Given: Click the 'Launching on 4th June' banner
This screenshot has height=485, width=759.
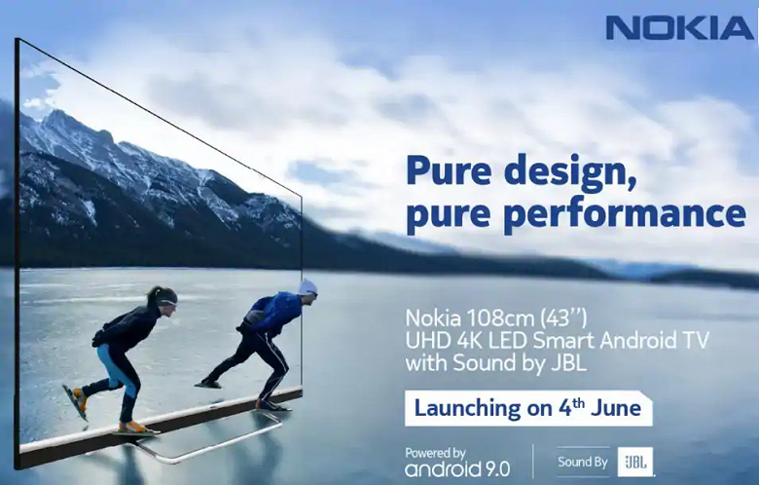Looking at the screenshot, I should [528, 407].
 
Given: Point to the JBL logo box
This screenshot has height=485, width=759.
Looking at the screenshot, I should [634, 461].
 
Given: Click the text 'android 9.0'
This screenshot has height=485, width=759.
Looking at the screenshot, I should [456, 468].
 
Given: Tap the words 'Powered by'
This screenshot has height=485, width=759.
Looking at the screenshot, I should [436, 453].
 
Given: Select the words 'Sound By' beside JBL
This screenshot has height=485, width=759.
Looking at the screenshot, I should [583, 462].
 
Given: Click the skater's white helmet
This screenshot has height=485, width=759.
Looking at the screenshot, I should [307, 287].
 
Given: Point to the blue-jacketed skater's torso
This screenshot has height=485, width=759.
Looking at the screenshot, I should [275, 313].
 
